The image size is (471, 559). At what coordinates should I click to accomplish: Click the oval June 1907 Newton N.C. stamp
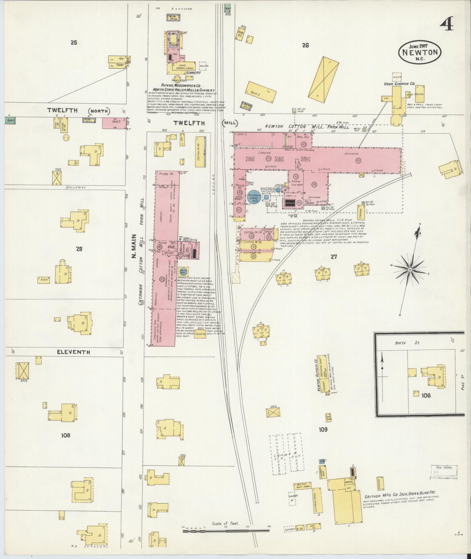(420, 52)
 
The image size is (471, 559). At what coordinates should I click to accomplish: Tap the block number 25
(74, 43)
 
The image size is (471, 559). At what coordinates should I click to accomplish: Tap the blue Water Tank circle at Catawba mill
(184, 271)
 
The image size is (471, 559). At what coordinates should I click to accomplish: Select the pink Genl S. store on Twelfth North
(114, 123)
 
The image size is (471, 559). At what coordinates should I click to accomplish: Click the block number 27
(334, 257)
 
